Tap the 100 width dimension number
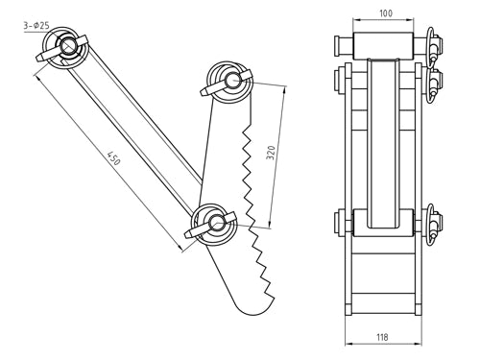point(384,13)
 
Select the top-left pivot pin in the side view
point(69,46)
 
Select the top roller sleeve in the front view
point(385,44)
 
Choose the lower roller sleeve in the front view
point(385,223)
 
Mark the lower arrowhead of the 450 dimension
point(181,249)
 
